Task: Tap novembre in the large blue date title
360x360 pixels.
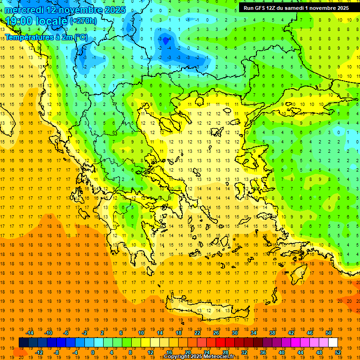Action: pos(80,10)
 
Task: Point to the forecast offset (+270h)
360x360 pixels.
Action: pos(83,21)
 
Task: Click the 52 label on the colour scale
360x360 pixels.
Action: pos(338,352)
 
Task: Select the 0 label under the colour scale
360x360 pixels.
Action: pos(92,352)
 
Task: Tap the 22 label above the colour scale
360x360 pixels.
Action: pos(198,333)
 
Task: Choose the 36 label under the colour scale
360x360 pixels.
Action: pos(262,352)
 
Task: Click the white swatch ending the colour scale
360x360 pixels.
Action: pos(333,343)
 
